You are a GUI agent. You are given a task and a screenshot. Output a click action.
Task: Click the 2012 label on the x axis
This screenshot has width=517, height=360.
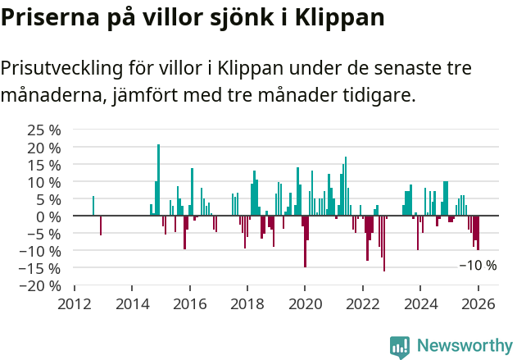point(75,303)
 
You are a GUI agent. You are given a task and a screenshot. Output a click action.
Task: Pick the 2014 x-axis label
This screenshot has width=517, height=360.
point(132,303)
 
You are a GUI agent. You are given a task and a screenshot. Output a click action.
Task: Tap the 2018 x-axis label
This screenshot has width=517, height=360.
point(247,303)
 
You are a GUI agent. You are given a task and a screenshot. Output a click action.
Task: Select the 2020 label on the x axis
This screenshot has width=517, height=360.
point(305,303)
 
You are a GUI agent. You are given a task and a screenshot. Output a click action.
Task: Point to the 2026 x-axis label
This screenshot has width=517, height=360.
point(478,303)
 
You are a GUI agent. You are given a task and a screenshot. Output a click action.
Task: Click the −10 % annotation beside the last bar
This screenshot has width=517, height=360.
point(478,266)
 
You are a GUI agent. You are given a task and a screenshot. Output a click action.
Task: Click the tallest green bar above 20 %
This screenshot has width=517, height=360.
point(158,180)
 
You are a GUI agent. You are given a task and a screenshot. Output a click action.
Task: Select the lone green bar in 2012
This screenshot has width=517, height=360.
point(93,206)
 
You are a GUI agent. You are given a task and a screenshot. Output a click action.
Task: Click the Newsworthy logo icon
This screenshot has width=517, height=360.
point(400,347)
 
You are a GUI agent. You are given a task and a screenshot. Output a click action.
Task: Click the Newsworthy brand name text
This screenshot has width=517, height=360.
point(465,347)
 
